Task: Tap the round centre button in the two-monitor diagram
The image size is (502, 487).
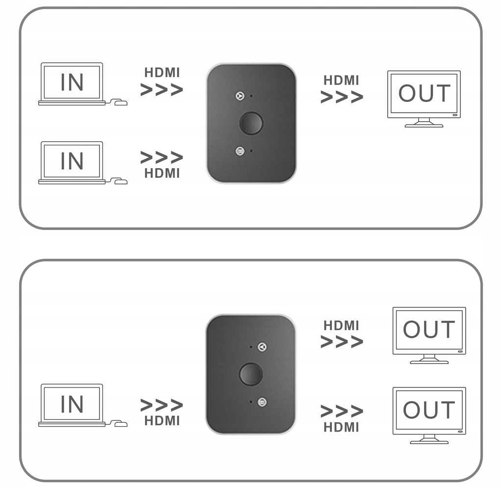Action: coord(251,374)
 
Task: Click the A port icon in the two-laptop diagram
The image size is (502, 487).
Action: coord(240,96)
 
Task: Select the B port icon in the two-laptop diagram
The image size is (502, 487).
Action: coord(240,151)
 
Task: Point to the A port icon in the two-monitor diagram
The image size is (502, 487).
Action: coord(262,347)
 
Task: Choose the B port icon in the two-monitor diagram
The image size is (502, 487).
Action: coord(262,402)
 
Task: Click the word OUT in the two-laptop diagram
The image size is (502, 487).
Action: coord(425,94)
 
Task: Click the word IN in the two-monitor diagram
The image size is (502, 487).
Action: coord(72,404)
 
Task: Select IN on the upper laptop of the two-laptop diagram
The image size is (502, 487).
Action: coord(72,82)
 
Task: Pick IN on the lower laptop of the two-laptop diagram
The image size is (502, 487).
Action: coord(72,161)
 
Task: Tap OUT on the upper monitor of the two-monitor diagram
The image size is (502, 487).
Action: coord(429,329)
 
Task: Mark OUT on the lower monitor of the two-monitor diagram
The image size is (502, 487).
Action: coord(429,410)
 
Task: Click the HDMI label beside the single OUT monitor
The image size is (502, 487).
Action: coord(341,80)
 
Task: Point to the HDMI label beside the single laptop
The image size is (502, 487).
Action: coord(162,421)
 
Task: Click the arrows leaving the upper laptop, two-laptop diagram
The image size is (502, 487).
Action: coord(162,90)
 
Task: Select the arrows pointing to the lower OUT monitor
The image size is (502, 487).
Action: coord(342,411)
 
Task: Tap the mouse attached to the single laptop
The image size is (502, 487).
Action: coord(121,424)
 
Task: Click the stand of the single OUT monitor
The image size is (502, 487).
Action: coord(424,123)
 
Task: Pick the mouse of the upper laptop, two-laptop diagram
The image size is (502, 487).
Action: coord(121,103)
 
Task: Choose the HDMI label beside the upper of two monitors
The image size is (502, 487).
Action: coord(341,326)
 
